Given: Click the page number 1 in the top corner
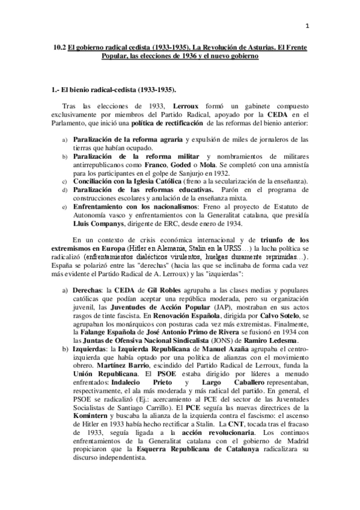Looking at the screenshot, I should pos(307,26).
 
